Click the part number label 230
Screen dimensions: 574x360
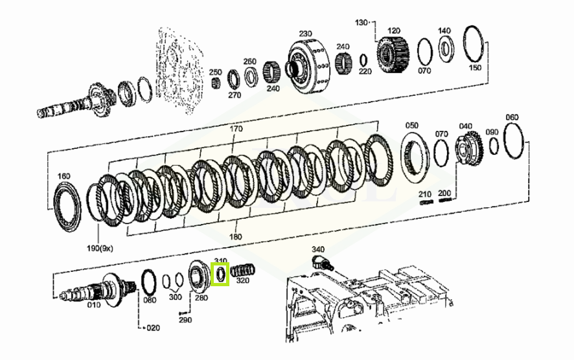(305, 34)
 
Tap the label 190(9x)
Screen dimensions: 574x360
(100, 249)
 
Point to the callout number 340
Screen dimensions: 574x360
(317, 249)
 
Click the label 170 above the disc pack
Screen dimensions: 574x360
(236, 129)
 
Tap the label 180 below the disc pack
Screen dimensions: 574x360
(235, 236)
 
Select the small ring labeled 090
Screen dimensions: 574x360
(494, 146)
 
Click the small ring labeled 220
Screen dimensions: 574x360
(363, 60)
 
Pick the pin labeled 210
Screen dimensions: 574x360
(426, 202)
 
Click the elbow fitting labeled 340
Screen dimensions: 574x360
(321, 263)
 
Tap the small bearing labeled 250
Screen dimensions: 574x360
(217, 83)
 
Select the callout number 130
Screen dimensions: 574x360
(361, 23)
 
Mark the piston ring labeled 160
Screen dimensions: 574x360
(67, 207)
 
